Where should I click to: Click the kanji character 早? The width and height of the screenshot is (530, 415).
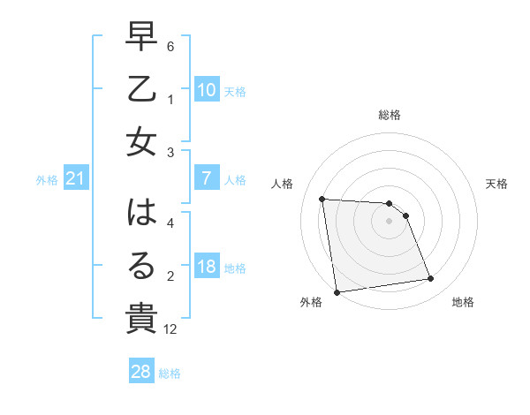pos(141,38)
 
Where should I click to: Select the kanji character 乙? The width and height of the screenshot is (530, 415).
pos(141,89)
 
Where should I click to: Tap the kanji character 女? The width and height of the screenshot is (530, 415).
pos(141,142)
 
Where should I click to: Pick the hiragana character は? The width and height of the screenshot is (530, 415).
pos(141,213)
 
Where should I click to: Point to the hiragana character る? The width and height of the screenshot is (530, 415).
pos(141,265)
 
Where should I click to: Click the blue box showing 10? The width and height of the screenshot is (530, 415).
pos(206,90)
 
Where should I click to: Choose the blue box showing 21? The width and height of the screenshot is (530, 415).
pos(76,179)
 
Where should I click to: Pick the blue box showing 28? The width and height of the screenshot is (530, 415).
pos(141,372)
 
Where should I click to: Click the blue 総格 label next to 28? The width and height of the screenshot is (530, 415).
pos(170,373)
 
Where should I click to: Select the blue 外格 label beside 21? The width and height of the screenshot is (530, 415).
pos(47,180)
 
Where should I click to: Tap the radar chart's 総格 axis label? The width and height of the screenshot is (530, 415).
pos(390,115)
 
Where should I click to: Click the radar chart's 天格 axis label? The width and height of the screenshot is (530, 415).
pos(497,184)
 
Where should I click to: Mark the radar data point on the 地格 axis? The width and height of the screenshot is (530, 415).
pos(431,279)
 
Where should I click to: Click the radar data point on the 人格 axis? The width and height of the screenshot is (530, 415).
pos(322,199)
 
